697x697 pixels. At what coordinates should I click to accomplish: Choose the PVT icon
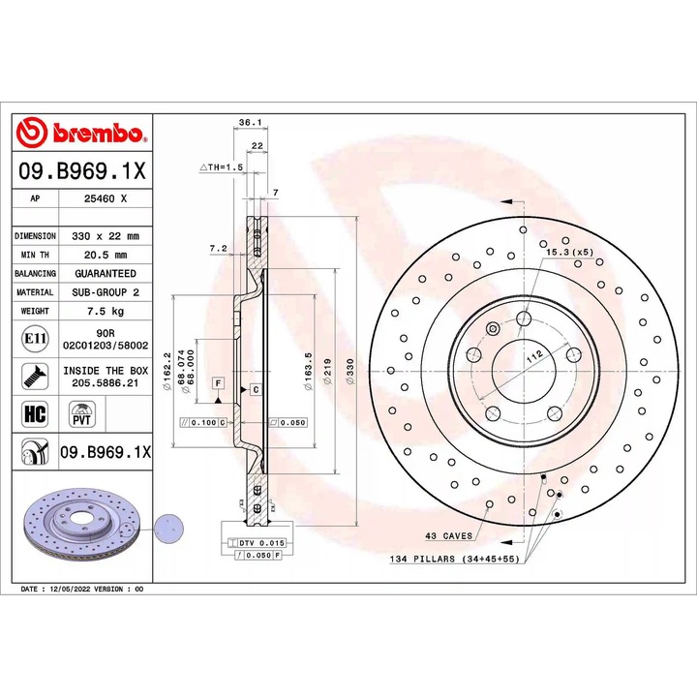click(x=80, y=414)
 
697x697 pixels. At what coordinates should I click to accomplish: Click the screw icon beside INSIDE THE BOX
click(x=33, y=377)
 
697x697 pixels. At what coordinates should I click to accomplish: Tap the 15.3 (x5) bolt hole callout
click(x=568, y=253)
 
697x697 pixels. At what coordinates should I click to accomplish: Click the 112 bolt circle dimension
click(x=531, y=357)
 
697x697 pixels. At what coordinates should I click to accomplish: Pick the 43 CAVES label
click(x=448, y=534)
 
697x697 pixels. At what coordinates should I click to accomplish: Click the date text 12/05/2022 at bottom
click(x=81, y=589)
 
